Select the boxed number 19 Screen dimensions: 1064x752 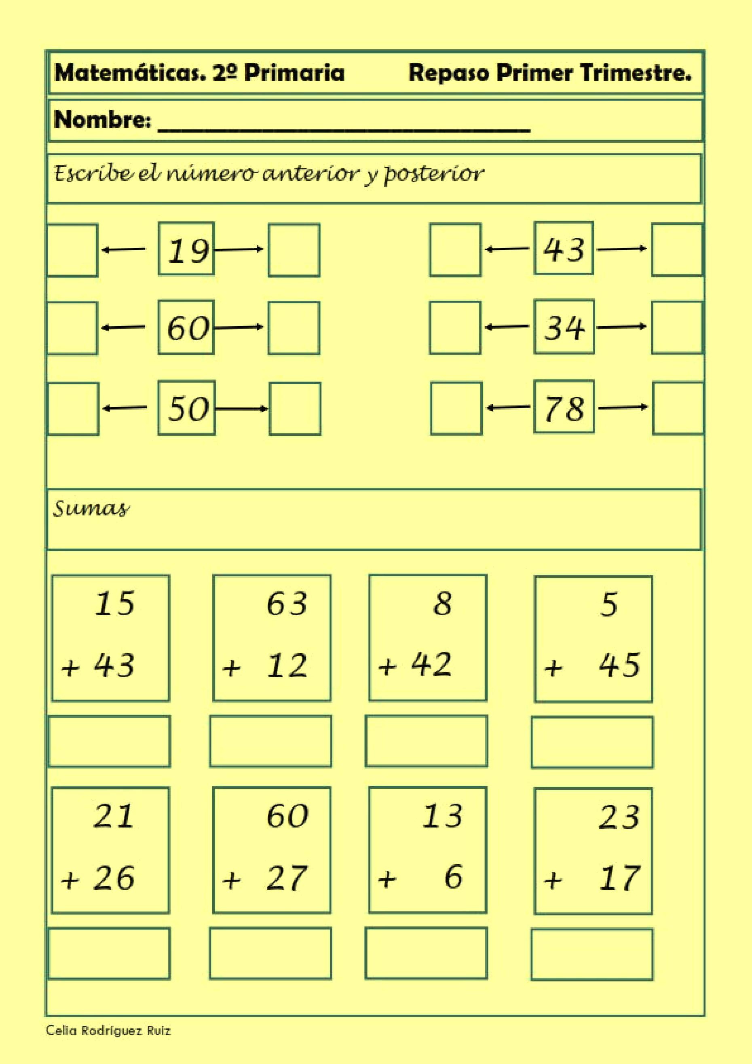(x=187, y=250)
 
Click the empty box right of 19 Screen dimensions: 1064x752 (x=294, y=250)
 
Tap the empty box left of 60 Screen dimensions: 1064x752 (x=72, y=328)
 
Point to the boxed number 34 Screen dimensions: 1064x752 (x=564, y=327)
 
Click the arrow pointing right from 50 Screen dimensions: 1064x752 (x=241, y=409)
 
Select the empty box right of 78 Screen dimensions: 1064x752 (x=677, y=408)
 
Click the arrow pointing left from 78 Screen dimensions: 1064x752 (x=508, y=407)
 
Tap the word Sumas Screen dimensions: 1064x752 (x=91, y=509)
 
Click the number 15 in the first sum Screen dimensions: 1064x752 (x=114, y=604)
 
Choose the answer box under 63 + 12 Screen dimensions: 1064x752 (x=270, y=741)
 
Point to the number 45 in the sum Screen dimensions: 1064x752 (x=619, y=665)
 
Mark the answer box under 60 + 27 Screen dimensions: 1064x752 (x=270, y=953)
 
